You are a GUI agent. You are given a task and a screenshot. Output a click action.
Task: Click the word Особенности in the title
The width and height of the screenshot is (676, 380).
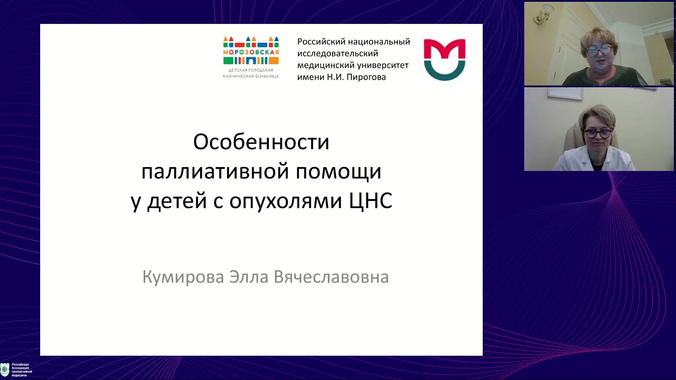coord(261,142)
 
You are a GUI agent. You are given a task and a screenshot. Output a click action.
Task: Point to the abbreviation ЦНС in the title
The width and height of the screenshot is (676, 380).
coord(370,201)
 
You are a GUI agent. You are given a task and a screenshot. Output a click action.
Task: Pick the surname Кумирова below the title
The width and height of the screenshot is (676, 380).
coord(183,277)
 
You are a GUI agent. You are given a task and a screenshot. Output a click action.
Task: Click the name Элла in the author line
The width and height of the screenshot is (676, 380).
coord(249,277)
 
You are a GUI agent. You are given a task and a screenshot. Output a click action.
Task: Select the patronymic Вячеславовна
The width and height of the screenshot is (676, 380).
coord(331,277)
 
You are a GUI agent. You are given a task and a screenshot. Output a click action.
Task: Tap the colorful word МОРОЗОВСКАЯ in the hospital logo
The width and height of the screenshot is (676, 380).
coord(251,52)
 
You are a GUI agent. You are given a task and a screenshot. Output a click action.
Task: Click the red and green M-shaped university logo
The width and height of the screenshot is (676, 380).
coord(444,59)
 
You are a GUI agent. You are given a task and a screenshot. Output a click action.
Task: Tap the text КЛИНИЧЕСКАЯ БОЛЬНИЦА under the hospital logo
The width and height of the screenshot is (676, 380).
coord(251,76)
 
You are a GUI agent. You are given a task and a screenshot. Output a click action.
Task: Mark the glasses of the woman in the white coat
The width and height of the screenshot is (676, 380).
coord(598,134)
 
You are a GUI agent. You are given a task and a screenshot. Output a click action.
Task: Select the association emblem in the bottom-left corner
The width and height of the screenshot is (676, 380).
coord(5,369)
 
